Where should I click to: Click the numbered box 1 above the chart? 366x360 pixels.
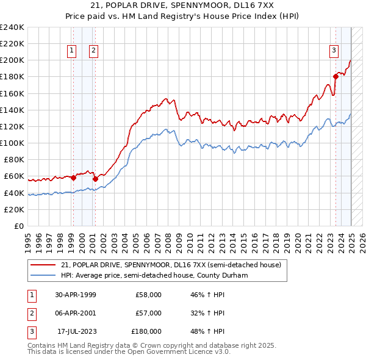73,51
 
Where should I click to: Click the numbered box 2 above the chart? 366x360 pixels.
93,51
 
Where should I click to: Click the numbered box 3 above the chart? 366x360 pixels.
334,51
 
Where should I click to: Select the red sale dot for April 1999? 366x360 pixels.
73,178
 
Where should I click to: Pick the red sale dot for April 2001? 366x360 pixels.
95,179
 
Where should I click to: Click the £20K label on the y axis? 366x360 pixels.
14,209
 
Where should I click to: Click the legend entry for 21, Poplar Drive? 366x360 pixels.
171,265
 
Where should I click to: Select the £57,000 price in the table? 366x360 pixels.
148,313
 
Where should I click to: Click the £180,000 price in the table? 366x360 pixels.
146,331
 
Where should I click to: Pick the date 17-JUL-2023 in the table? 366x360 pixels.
76,331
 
